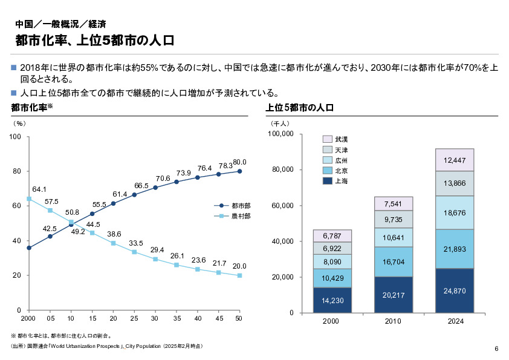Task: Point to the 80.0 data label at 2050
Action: (240, 162)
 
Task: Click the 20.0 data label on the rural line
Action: (239, 266)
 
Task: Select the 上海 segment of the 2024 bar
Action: (454, 291)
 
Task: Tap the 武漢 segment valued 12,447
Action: (454, 160)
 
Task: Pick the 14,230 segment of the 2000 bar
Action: (332, 300)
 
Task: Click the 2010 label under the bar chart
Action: (393, 321)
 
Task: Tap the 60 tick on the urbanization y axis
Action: (17, 206)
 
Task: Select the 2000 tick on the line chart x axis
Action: (28, 318)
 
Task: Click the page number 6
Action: (496, 349)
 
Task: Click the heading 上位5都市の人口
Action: (300, 108)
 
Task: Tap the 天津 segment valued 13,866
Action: (454, 183)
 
